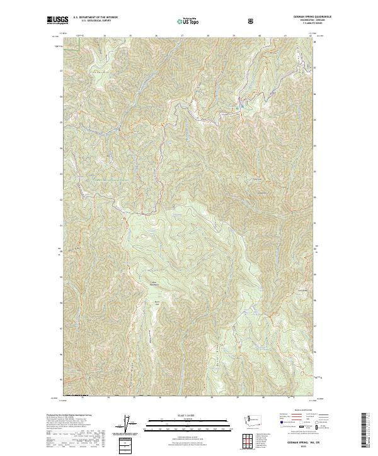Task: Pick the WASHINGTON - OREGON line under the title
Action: [x=299, y=20]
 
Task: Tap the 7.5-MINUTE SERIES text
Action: [x=299, y=23]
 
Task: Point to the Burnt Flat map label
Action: [x=157, y=302]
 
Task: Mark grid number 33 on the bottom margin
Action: [x=83, y=398]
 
